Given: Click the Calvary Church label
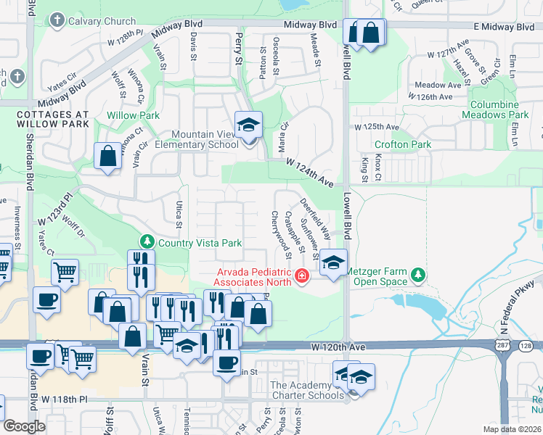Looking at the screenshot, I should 102,21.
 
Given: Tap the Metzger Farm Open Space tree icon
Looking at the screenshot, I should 417,275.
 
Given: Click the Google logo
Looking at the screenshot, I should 24,426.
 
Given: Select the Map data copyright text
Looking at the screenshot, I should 511,429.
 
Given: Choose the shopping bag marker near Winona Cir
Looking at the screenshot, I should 107,157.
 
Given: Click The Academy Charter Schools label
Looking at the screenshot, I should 306,390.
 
